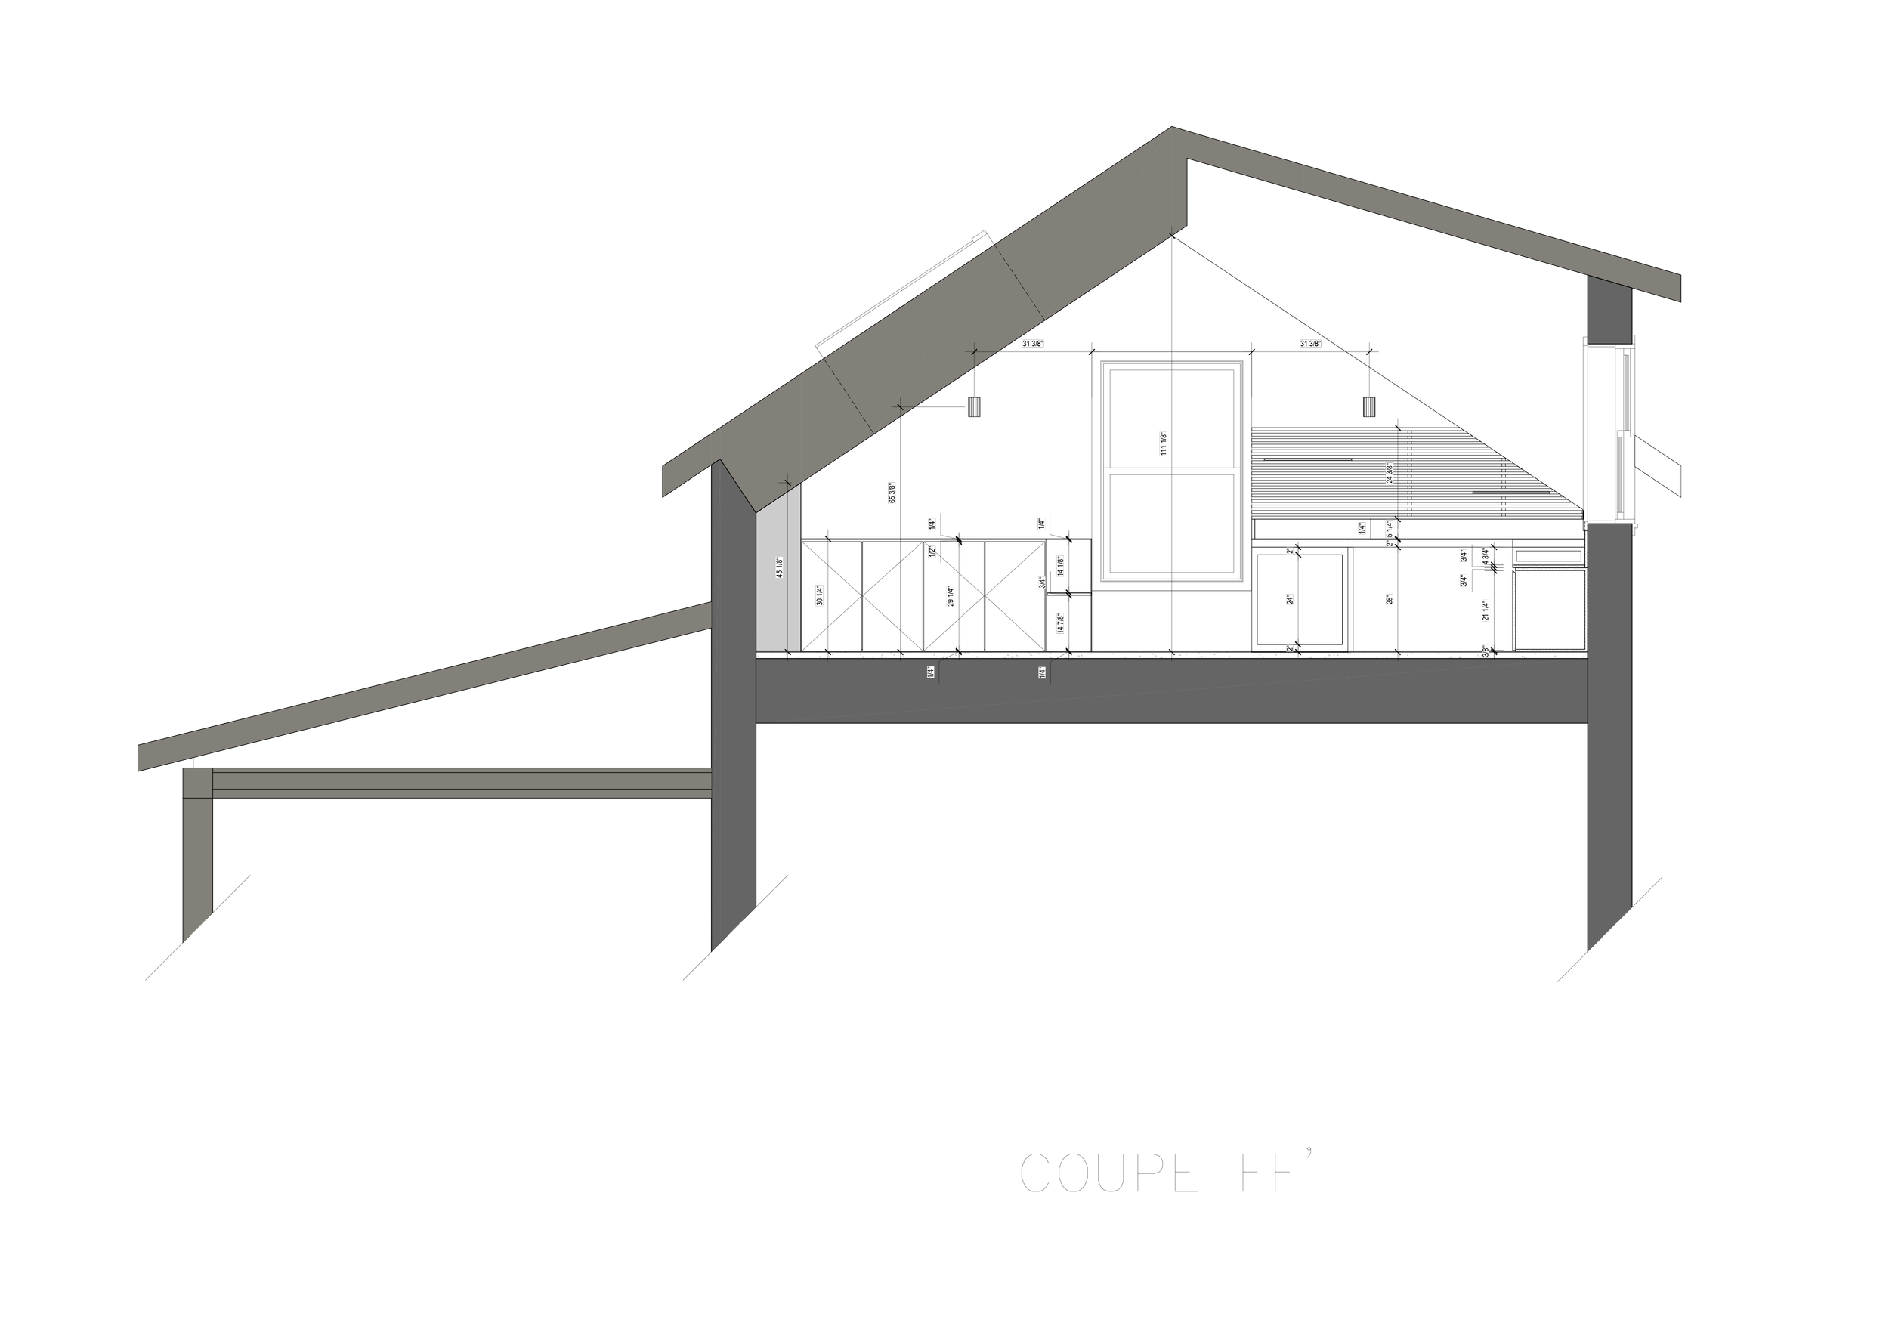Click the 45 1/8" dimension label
(780, 567)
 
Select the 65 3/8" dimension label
(892, 493)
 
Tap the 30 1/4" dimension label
(819, 596)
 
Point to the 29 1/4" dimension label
(951, 597)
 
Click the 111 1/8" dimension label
(1164, 444)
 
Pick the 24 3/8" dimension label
(1390, 474)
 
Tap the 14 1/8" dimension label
(1061, 566)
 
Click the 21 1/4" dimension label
(1486, 611)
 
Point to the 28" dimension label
(1390, 601)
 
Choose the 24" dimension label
(1290, 601)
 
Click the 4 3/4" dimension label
(1485, 556)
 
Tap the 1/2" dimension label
(932, 552)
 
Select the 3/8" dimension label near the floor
(1486, 651)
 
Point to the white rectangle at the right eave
(1784, 294)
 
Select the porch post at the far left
(197, 855)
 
